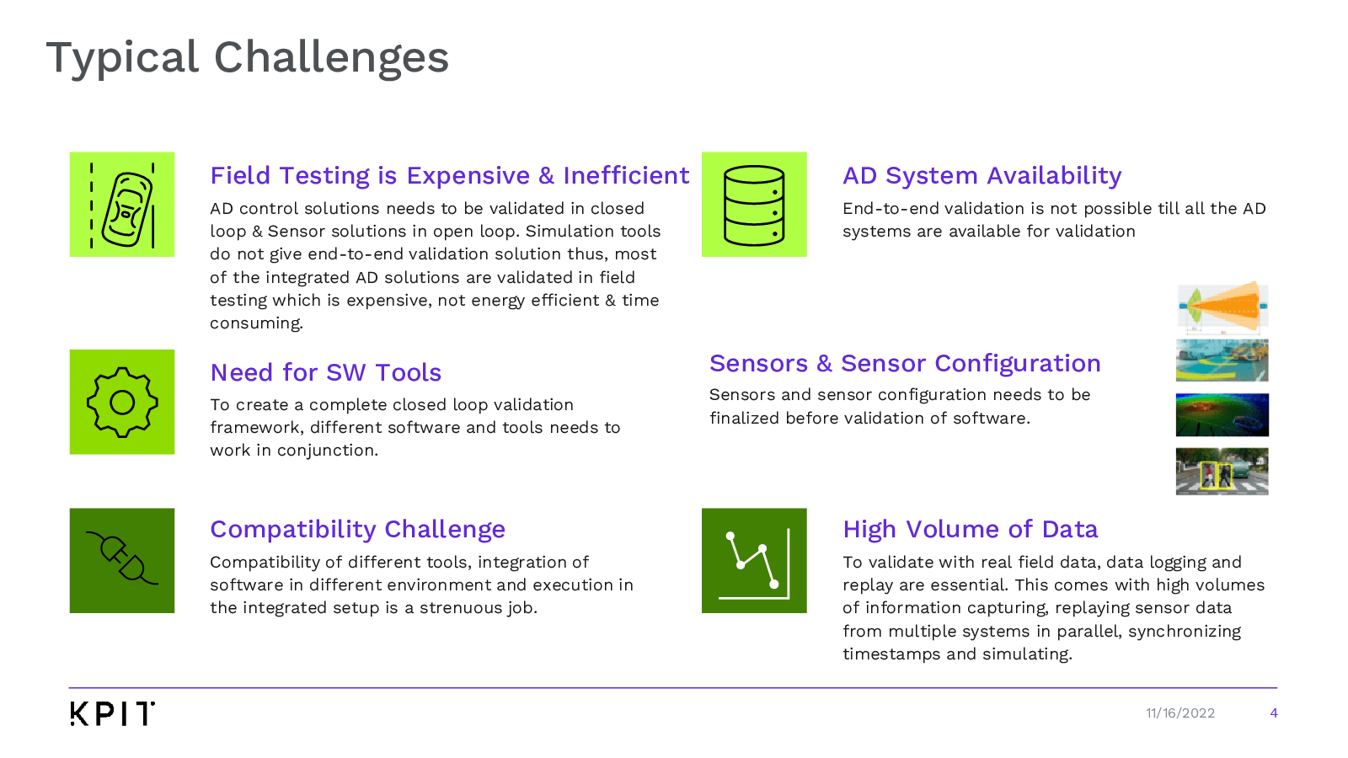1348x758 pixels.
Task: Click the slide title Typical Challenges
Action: click(x=248, y=58)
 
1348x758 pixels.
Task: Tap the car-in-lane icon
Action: click(x=122, y=205)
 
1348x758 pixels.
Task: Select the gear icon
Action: click(x=122, y=402)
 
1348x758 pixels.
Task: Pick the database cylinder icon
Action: click(x=754, y=205)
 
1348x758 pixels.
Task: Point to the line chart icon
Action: click(x=754, y=561)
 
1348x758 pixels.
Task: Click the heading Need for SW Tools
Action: click(x=325, y=373)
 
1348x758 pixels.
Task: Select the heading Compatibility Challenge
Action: click(x=357, y=530)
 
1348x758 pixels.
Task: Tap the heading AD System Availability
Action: click(x=982, y=176)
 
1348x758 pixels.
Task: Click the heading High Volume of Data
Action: click(x=970, y=530)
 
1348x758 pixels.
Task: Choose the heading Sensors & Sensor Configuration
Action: click(x=905, y=363)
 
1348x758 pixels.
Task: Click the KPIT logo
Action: click(x=113, y=713)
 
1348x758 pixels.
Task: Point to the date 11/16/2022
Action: click(x=1180, y=713)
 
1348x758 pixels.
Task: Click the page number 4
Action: click(x=1273, y=713)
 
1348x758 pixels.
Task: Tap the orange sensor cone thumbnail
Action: click(x=1222, y=307)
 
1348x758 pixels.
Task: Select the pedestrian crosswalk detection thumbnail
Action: click(x=1222, y=472)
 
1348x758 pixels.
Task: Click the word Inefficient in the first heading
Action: click(x=626, y=176)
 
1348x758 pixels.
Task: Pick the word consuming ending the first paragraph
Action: click(x=256, y=323)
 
